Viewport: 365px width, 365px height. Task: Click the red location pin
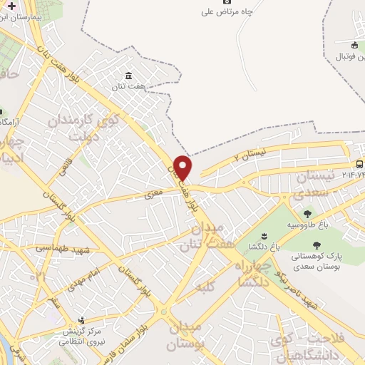[183, 167]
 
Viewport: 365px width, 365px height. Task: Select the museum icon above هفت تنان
[128, 76]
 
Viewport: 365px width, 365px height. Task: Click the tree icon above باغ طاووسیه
[307, 213]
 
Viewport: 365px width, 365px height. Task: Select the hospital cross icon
[11, 6]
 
